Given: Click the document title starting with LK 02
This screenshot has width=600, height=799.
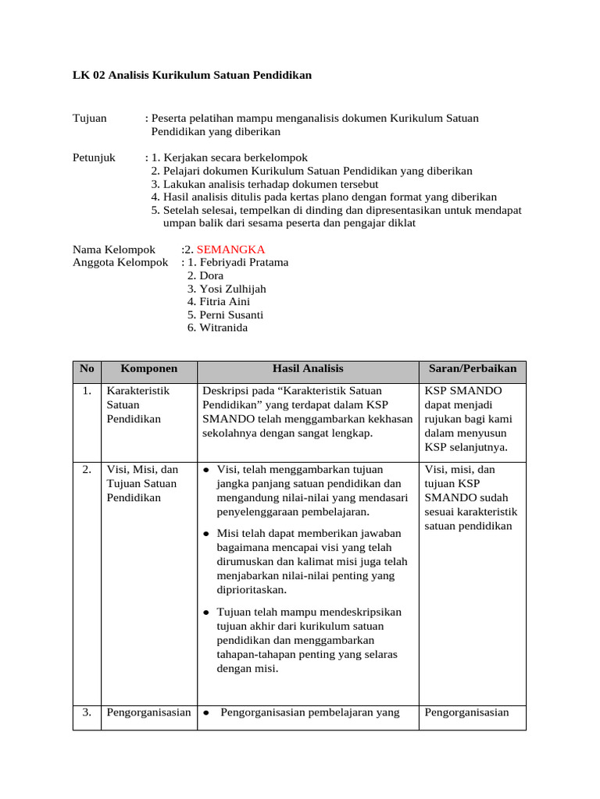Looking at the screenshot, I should point(192,75).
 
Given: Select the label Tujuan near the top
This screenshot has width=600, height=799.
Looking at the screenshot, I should point(90,118).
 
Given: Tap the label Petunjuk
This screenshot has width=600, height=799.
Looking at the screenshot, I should point(94,158).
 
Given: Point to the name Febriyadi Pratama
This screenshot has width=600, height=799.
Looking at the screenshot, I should point(244,262).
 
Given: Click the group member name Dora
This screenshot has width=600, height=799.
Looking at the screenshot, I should point(211,275).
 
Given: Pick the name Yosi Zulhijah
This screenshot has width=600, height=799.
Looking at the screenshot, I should point(233,289).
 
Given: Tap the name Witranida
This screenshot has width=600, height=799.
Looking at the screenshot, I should point(223,328).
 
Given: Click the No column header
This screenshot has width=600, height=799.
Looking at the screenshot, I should point(87,369).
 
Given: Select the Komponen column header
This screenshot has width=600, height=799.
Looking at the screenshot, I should point(148,369).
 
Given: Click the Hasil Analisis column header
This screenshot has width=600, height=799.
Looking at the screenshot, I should point(308,369).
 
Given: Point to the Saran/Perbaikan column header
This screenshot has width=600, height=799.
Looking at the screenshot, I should point(473,369).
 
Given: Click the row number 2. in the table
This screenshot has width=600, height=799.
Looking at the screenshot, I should point(87,470).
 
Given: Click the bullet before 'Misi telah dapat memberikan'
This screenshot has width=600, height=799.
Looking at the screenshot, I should point(205,534).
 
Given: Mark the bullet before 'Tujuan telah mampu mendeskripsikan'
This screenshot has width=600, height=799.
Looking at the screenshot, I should point(205,613).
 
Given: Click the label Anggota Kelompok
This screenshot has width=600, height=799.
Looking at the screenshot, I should point(120,262).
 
